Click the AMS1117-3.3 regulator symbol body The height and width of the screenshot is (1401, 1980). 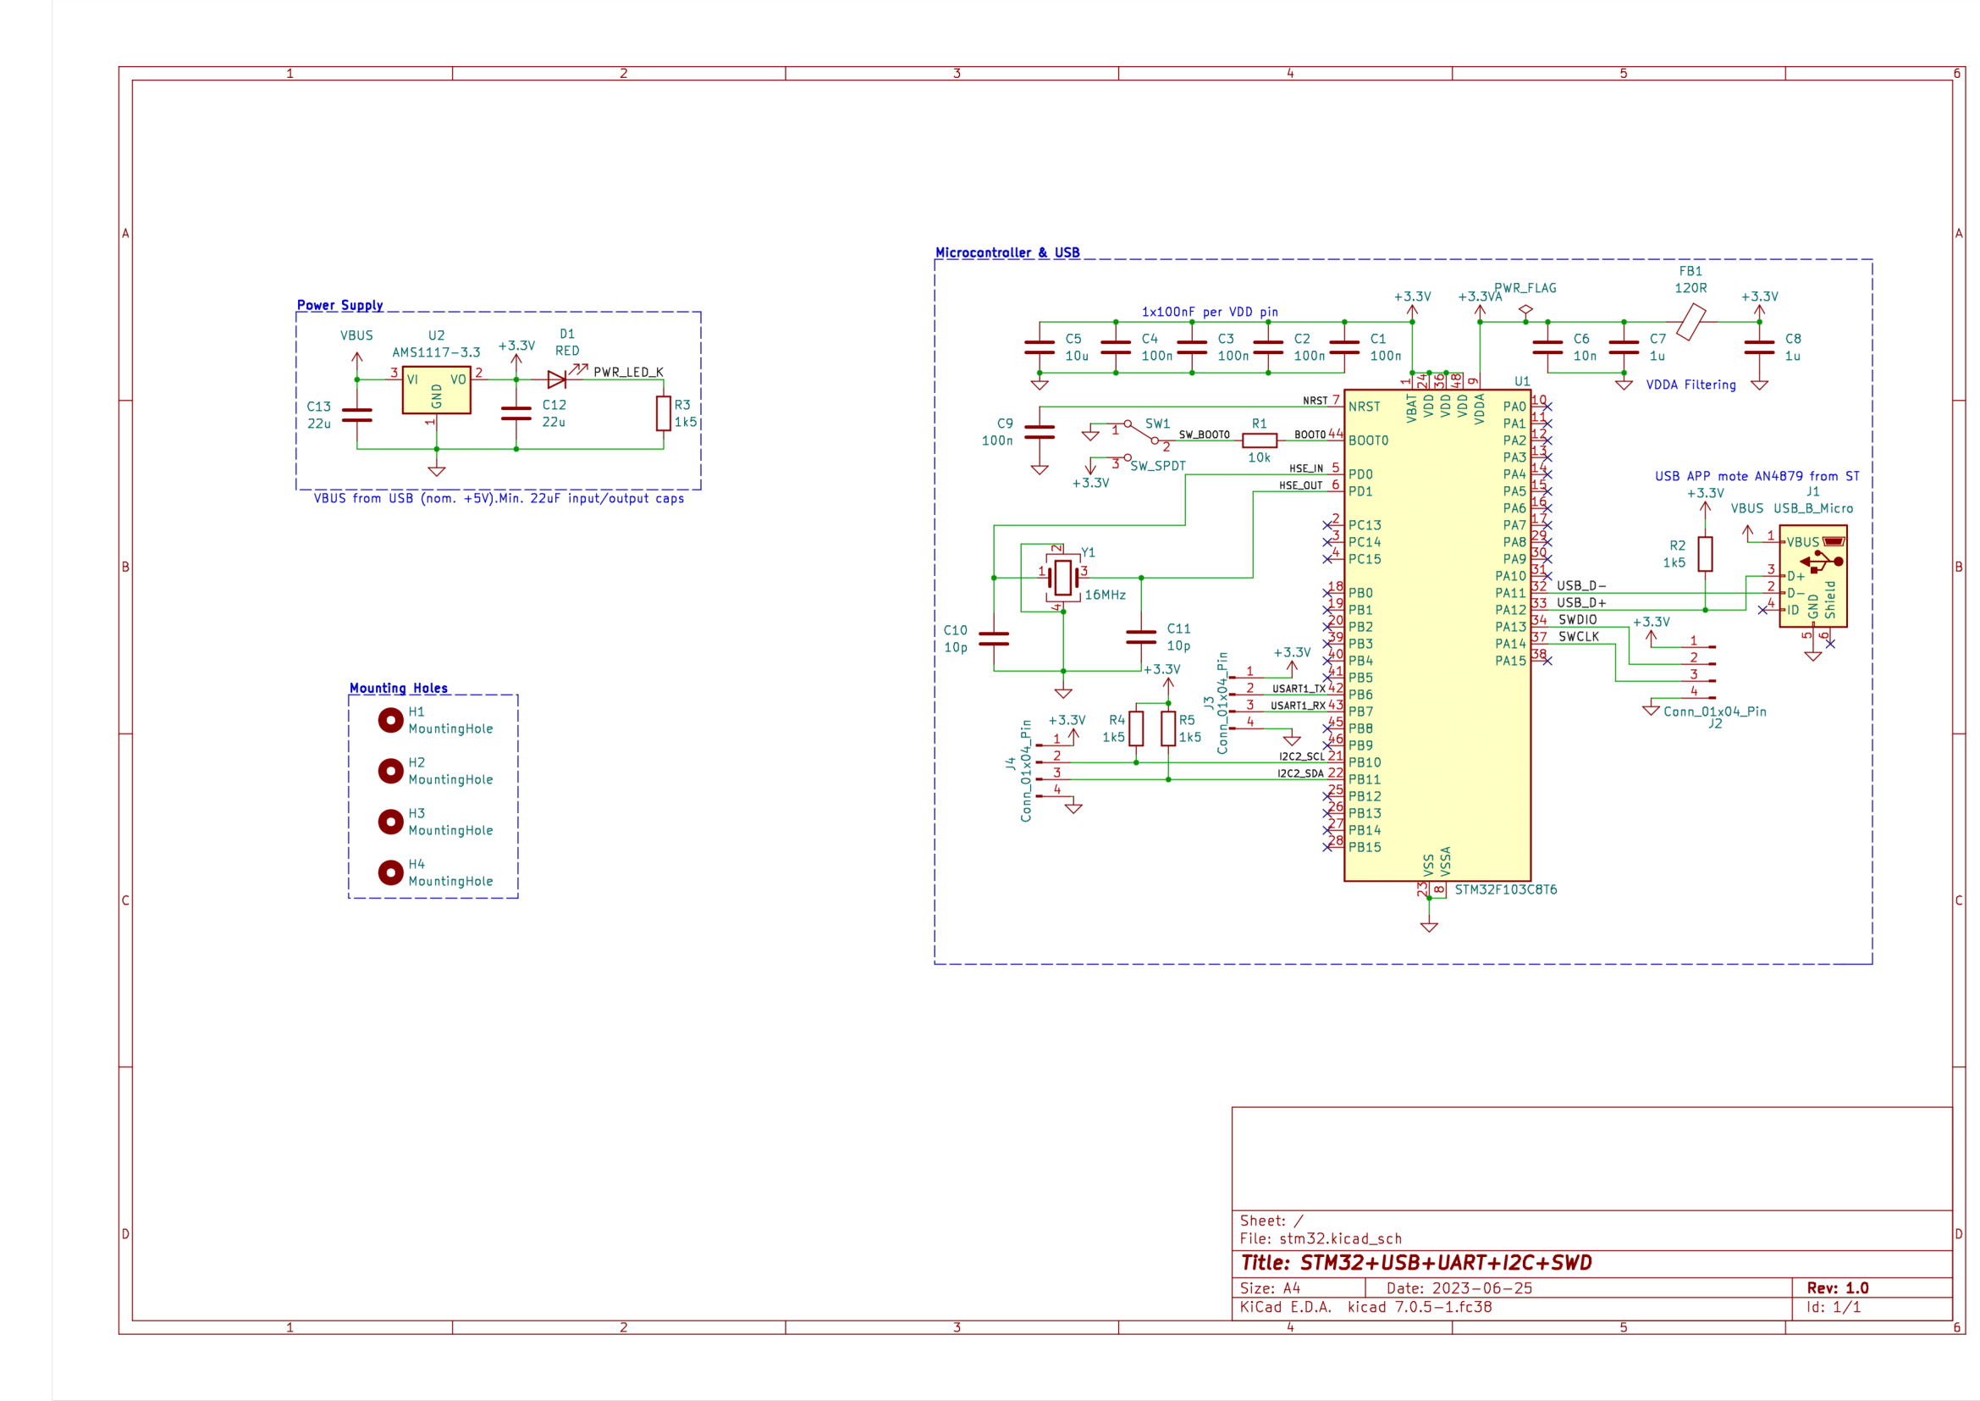pyautogui.click(x=436, y=390)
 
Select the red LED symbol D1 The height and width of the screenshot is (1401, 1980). pyautogui.click(x=557, y=379)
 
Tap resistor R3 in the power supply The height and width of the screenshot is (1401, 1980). pyautogui.click(x=663, y=413)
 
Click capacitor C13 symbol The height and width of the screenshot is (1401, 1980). pyautogui.click(x=357, y=416)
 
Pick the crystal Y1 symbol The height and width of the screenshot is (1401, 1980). pyautogui.click(x=1063, y=577)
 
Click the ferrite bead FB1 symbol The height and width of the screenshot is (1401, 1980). pyautogui.click(x=1691, y=322)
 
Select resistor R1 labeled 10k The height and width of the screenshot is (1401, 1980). pyautogui.click(x=1259, y=440)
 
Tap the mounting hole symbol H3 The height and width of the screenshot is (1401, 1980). pyautogui.click(x=390, y=822)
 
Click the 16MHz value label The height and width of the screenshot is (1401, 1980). pyautogui.click(x=1105, y=595)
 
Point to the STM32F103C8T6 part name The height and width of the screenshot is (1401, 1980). pyautogui.click(x=1505, y=890)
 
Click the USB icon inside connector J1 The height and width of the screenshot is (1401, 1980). pyautogui.click(x=1821, y=562)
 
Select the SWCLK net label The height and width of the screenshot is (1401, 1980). pyautogui.click(x=1578, y=637)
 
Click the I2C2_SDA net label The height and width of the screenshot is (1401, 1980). pyautogui.click(x=1299, y=774)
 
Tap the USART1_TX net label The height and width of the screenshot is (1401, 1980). pyautogui.click(x=1298, y=689)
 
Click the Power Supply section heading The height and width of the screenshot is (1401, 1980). pyautogui.click(x=339, y=306)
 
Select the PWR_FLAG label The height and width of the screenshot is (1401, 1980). pyautogui.click(x=1525, y=288)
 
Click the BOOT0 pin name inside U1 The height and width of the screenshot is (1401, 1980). pyautogui.click(x=1368, y=440)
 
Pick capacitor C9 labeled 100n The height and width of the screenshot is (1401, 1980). pyautogui.click(x=1040, y=432)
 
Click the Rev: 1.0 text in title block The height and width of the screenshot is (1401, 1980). pyautogui.click(x=1837, y=1288)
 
